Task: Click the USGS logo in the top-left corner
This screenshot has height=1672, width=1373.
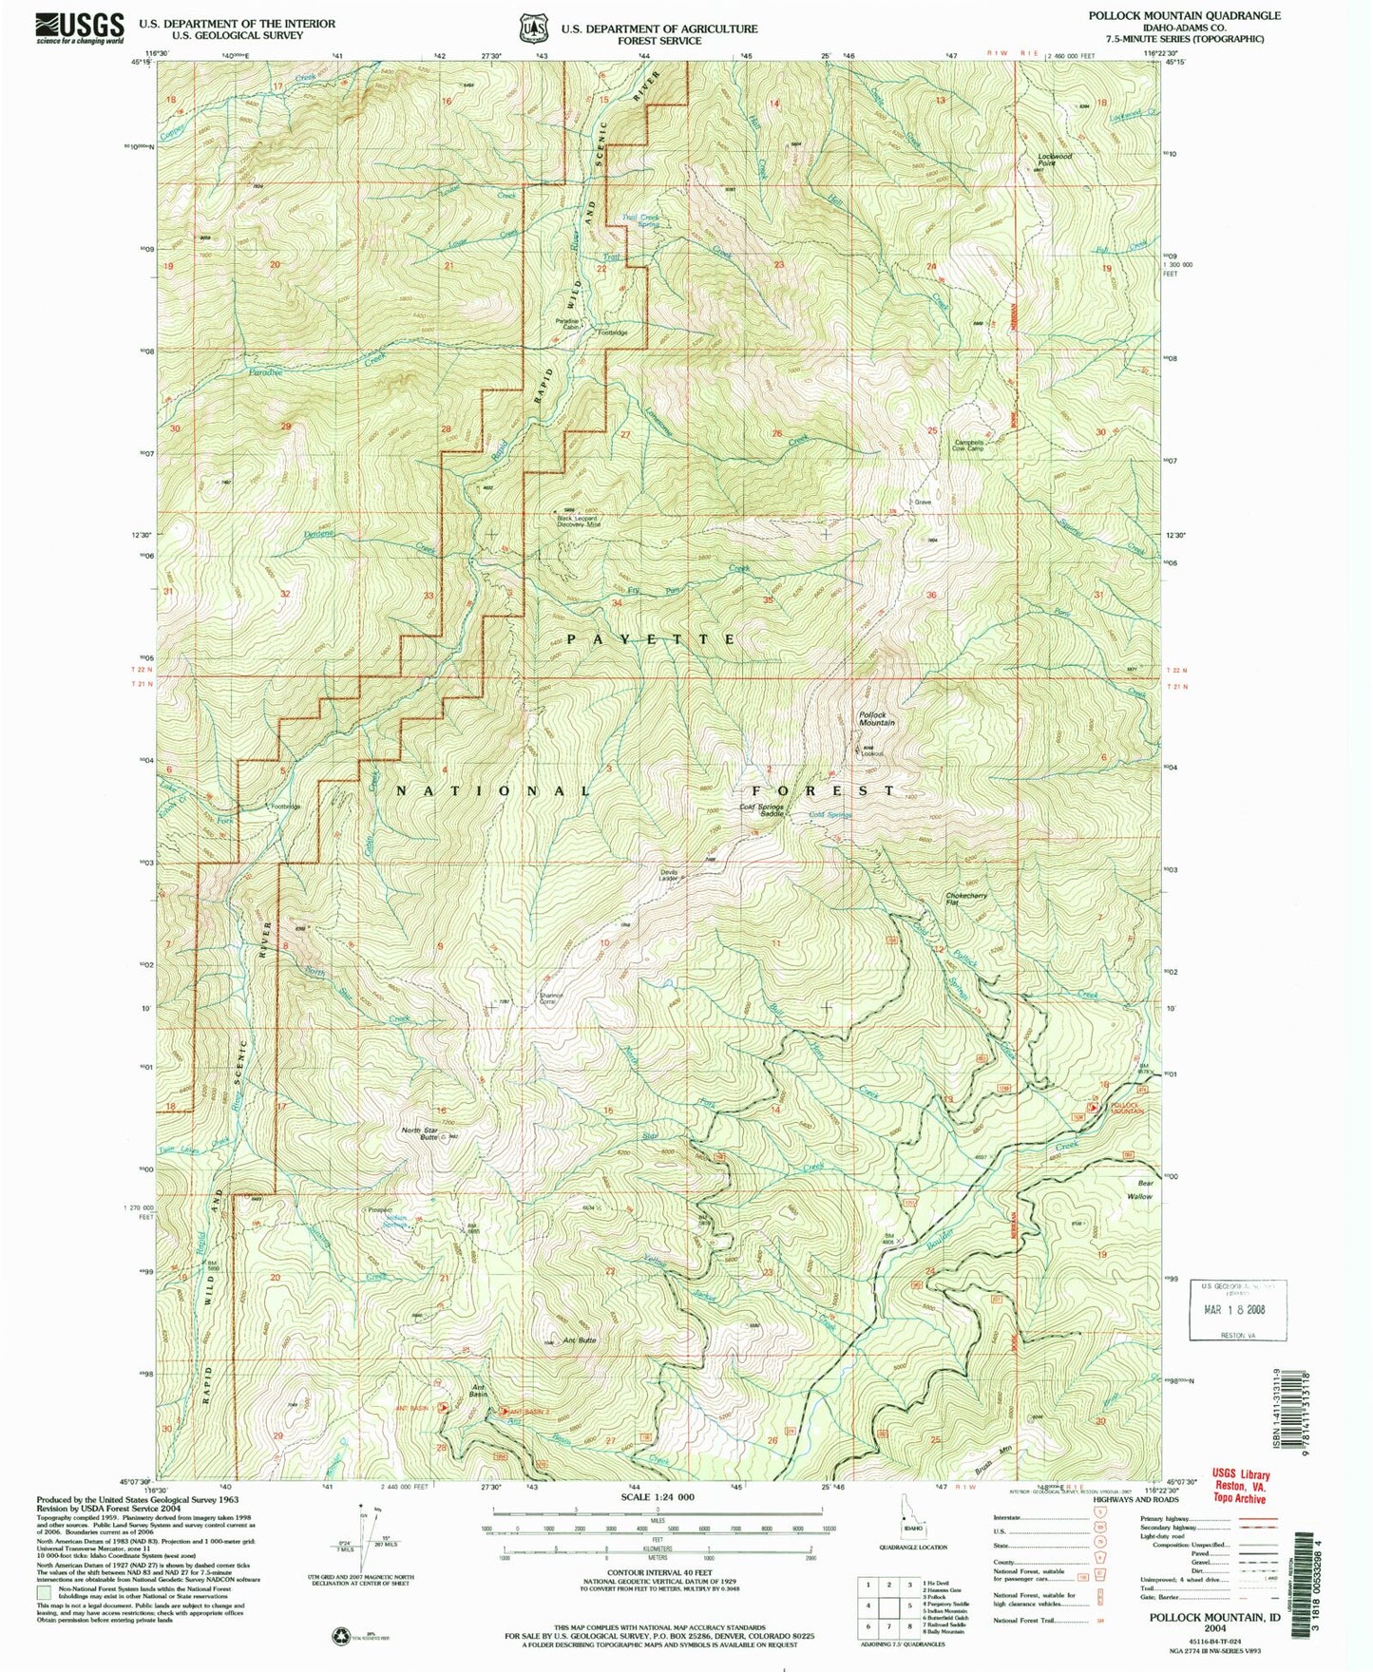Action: pos(80,28)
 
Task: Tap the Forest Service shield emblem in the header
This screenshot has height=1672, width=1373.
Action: pos(529,28)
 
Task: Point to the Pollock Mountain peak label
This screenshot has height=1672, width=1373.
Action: pos(877,718)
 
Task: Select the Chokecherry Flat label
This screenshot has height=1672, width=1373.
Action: pos(967,899)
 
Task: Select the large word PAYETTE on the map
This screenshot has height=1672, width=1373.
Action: pos(651,639)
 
